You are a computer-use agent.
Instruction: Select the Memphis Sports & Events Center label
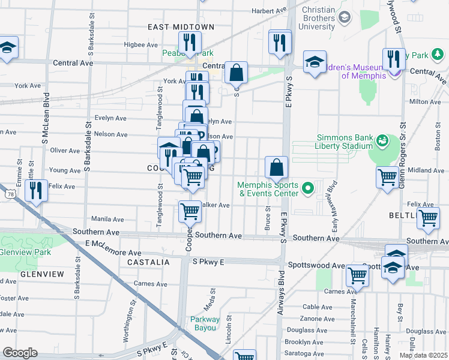[x=268, y=189]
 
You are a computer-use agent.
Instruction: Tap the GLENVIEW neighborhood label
[x=42, y=274]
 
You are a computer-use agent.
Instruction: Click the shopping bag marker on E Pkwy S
[x=276, y=168]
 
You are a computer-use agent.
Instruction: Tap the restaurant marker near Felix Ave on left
[x=37, y=191]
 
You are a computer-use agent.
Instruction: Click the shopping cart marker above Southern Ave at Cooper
[x=190, y=211]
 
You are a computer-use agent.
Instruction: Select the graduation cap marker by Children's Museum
[x=314, y=62]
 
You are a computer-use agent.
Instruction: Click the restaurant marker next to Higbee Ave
[x=188, y=43]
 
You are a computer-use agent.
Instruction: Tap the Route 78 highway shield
[x=9, y=193]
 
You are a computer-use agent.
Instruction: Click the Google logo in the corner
[x=20, y=353]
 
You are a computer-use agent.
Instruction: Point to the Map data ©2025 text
[x=423, y=355]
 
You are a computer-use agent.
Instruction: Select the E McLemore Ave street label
[x=113, y=253]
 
